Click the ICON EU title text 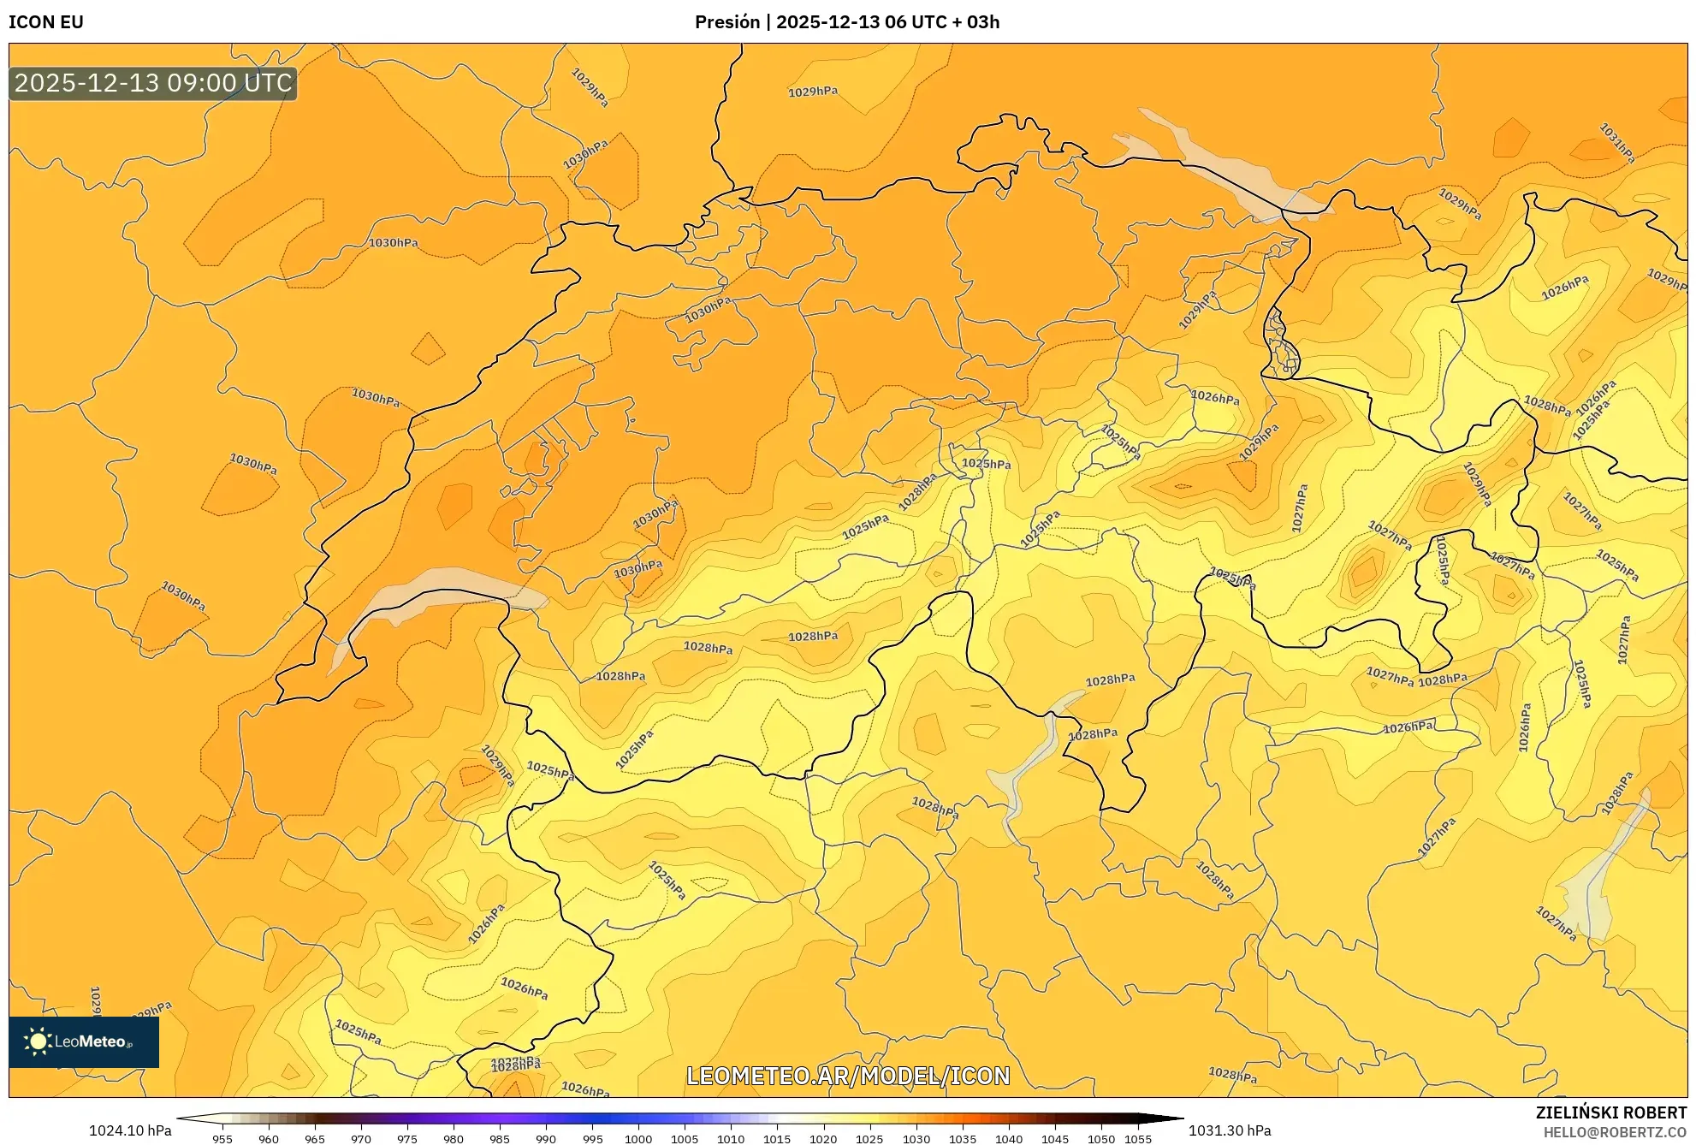46,22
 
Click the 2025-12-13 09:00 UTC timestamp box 153,83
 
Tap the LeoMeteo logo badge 84,1041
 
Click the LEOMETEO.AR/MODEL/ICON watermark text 848,1076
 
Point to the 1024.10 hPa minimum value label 130,1130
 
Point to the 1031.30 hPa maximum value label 1229,1130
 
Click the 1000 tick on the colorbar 637,1139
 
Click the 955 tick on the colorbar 222,1139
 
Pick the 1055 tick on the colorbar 1137,1139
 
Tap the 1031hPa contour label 1617,143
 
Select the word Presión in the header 727,22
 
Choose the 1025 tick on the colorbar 869,1139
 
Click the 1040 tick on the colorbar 1008,1139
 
